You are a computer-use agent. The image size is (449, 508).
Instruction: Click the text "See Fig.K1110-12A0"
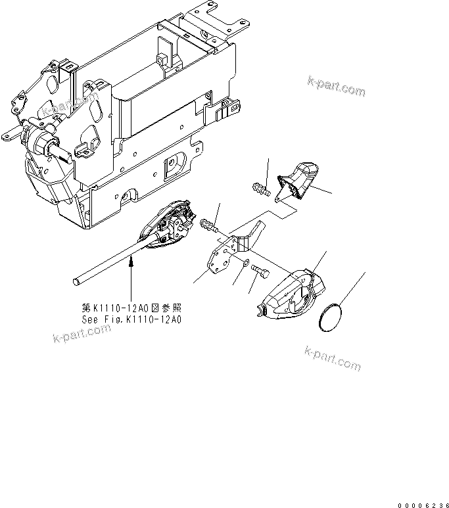(x=131, y=319)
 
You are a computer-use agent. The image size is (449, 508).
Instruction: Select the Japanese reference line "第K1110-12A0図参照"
(x=131, y=308)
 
